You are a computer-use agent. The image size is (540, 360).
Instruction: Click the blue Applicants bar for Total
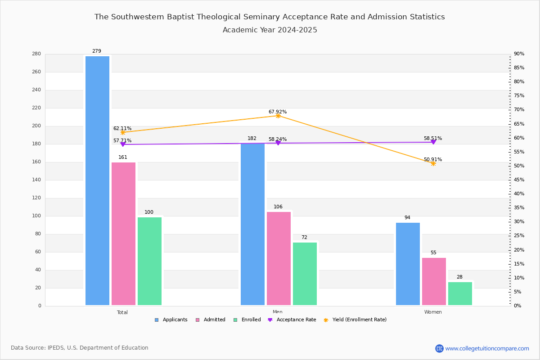click(x=97, y=180)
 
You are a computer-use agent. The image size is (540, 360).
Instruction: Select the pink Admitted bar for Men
click(x=279, y=258)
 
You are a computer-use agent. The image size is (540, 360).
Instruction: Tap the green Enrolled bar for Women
click(x=460, y=293)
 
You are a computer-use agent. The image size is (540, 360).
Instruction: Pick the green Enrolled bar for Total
click(x=149, y=261)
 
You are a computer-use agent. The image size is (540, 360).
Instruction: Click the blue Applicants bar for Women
click(x=408, y=264)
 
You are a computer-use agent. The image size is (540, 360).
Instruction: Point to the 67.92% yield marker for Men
click(x=278, y=116)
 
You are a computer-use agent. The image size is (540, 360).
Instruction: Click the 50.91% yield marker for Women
click(x=433, y=163)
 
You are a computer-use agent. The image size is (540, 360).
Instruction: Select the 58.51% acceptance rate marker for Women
click(x=433, y=142)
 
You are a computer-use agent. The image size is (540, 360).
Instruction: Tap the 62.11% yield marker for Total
click(x=123, y=132)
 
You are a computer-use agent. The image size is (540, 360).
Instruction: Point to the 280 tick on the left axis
click(x=36, y=54)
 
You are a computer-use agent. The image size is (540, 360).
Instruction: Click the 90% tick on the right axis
click(x=519, y=54)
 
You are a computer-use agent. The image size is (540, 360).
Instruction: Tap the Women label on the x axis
click(x=433, y=312)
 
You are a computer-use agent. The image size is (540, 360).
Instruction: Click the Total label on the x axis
click(x=122, y=312)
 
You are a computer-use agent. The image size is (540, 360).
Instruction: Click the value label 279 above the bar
click(x=97, y=51)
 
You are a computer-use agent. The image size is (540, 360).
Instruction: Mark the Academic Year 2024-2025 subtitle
click(x=270, y=30)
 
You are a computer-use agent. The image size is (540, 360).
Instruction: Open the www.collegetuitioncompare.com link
click(x=487, y=348)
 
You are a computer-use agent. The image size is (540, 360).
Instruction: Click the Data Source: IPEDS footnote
click(x=80, y=348)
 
